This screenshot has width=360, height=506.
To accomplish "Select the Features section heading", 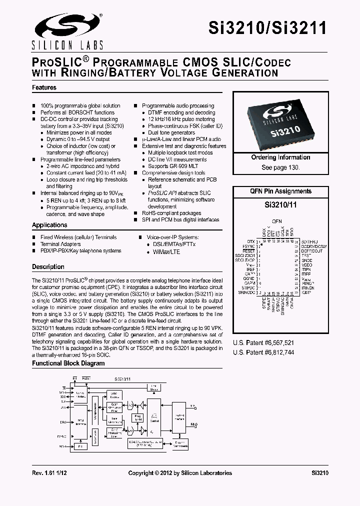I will click(x=44, y=87).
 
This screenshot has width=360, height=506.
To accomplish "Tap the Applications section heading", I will click(x=49, y=225).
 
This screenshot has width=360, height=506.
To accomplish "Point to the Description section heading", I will click(x=48, y=267).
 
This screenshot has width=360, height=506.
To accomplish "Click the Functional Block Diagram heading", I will click(x=68, y=363).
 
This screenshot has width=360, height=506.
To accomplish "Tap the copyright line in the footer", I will click(x=180, y=472).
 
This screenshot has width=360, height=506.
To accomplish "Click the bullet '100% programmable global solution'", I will click(x=80, y=106).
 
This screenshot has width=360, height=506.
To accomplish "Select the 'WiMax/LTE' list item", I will click(x=163, y=252).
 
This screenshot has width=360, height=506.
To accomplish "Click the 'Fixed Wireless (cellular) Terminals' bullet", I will click(x=78, y=237).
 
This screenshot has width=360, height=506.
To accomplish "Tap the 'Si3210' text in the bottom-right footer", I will click(x=319, y=472).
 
